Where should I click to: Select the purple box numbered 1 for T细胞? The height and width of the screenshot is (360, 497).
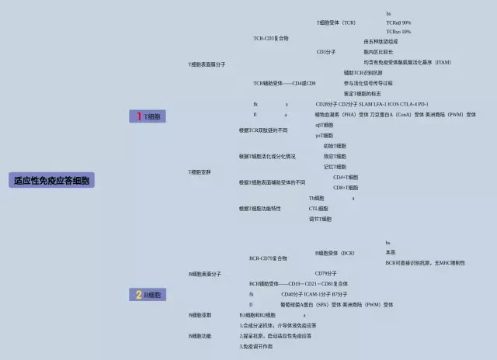tap(147, 116)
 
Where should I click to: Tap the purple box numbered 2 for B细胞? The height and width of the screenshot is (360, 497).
tap(147, 295)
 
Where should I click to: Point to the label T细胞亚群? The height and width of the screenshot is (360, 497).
tap(200, 171)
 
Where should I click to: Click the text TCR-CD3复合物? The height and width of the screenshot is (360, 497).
tap(270, 38)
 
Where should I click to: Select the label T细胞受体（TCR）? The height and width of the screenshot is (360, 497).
tap(336, 22)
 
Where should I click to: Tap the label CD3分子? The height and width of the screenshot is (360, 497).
tap(326, 52)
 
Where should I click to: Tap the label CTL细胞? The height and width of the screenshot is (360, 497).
tap(318, 209)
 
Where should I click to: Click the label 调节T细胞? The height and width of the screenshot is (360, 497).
tap(320, 219)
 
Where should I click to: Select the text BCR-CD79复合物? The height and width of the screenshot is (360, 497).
tap(268, 258)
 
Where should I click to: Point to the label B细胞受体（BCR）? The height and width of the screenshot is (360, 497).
tap(335, 253)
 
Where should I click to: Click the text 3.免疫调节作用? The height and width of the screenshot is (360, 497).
tap(256, 346)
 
